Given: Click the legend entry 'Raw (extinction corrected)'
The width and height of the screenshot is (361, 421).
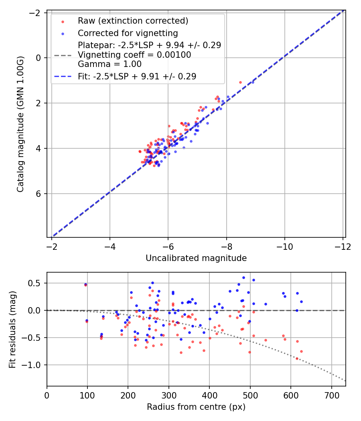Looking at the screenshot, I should click(133, 21).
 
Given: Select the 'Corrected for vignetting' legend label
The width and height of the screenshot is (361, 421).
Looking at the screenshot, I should click(128, 33).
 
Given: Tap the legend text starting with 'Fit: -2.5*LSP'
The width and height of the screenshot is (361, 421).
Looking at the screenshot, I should click(137, 77).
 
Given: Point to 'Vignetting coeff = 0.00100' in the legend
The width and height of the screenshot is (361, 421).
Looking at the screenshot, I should click(134, 55).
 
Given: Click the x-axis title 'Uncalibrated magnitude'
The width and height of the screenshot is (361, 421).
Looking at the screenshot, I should click(196, 258).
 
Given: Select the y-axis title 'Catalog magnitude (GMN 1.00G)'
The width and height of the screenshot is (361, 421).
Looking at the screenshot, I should click(20, 124).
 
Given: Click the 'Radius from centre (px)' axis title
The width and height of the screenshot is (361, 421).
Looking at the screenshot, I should click(196, 407).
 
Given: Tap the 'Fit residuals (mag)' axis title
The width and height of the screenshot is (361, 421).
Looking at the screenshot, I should click(12, 329).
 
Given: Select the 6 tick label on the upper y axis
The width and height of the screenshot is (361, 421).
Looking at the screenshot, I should click(39, 194).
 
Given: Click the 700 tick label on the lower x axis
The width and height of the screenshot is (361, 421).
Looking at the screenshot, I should click(331, 396).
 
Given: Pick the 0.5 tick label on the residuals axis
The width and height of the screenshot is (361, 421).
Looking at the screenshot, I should click(36, 283).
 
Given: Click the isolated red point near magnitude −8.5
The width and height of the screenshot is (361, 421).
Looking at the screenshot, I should click(240, 82).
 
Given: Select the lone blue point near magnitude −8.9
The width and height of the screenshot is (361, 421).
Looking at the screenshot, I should click(253, 82).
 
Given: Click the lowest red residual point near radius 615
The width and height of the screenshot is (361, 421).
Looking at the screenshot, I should click(297, 358).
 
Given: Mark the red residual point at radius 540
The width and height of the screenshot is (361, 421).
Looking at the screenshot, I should click(266, 340).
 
